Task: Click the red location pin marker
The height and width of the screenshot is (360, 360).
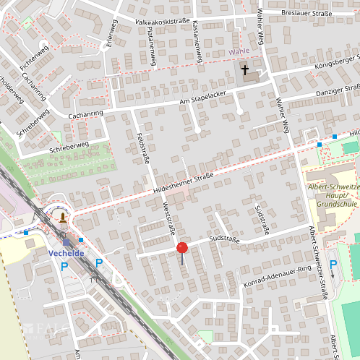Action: tap(182, 249)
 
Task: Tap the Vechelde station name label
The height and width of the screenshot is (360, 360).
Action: tap(67, 254)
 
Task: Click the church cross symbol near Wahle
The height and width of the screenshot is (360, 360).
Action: tap(245, 70)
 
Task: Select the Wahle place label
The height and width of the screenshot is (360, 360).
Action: tap(239, 52)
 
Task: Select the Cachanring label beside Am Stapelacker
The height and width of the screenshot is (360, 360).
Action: tap(85, 113)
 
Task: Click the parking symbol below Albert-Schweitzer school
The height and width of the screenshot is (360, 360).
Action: tap(333, 266)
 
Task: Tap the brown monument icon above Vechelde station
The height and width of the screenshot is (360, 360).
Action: tap(64, 217)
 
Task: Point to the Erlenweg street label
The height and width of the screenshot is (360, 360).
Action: tap(111, 33)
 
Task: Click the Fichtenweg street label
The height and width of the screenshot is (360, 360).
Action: tap(34, 56)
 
